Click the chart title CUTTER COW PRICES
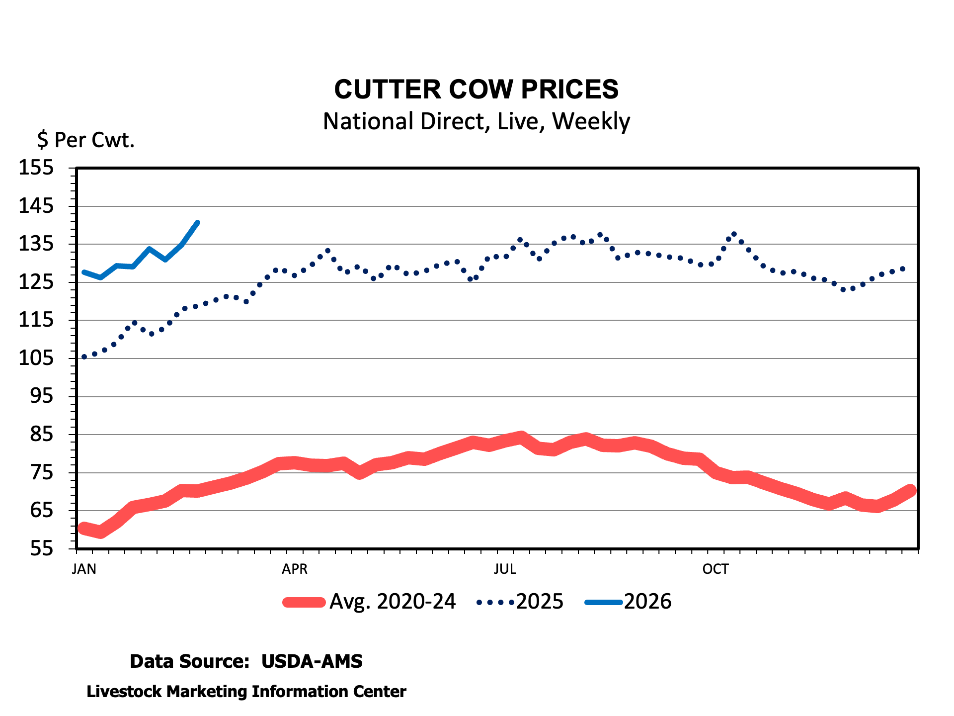click(x=476, y=89)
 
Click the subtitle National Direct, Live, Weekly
click(x=476, y=121)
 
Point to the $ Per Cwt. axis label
click(x=85, y=140)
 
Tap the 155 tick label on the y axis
click(x=36, y=168)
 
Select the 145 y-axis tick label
click(x=36, y=206)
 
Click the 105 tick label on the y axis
click(x=36, y=358)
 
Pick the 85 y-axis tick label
click(x=42, y=435)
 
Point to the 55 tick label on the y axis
click(x=42, y=549)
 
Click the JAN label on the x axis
click(x=84, y=569)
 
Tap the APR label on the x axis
click(x=295, y=569)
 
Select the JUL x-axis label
click(x=505, y=569)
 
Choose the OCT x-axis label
click(x=715, y=569)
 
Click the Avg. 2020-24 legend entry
click(x=393, y=602)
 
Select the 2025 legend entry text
click(x=540, y=602)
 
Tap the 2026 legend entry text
click(x=647, y=602)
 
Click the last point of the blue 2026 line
click(x=198, y=222)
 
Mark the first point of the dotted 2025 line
click(x=84, y=357)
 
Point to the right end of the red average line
click(x=911, y=490)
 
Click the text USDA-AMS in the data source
click(x=312, y=661)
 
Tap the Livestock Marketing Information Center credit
click(x=246, y=692)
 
